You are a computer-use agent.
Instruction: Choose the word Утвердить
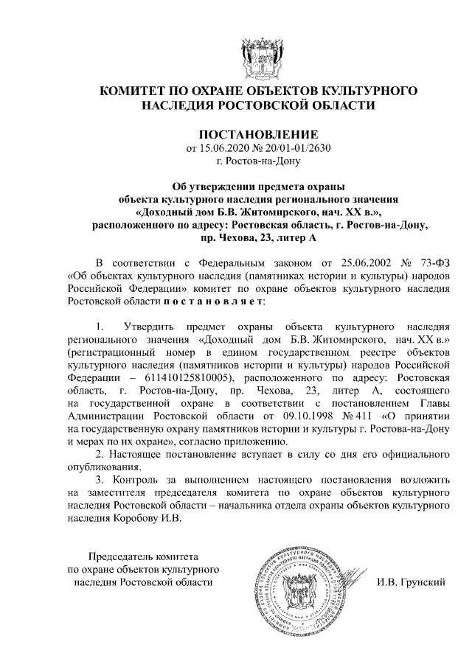[150, 326]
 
